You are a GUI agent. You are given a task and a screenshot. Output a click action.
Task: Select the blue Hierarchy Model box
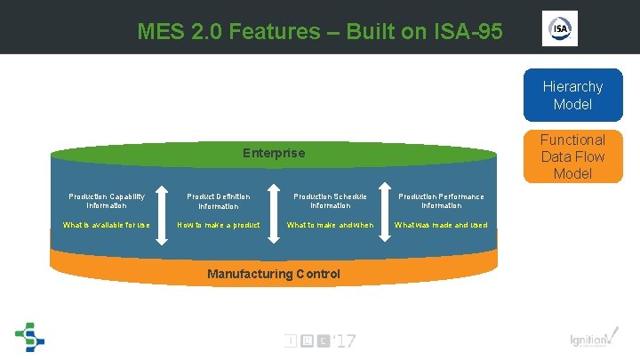point(572,95)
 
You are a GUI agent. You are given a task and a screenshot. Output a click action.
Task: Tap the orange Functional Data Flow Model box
point(572,156)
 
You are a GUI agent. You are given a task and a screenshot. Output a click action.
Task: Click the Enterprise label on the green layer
point(274,153)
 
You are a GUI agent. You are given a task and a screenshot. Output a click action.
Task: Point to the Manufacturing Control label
point(273,274)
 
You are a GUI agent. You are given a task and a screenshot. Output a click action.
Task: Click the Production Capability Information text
point(107,201)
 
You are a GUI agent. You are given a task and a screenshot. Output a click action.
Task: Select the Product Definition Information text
point(218,201)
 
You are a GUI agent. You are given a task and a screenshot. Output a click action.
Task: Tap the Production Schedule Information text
point(330,201)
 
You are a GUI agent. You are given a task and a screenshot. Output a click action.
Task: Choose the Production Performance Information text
point(441,201)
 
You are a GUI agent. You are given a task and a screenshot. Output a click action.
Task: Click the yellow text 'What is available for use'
point(107,225)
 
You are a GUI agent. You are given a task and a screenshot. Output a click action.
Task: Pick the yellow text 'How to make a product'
point(219,225)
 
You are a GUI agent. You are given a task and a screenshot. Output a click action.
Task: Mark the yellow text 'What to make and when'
point(330,225)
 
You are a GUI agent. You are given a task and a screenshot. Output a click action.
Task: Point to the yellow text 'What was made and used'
point(441,225)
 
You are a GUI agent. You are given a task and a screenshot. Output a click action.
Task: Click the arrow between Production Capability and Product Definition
point(163,211)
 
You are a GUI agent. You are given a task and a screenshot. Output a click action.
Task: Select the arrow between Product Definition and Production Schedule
point(275,211)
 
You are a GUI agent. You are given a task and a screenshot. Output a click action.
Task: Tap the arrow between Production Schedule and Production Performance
point(385,211)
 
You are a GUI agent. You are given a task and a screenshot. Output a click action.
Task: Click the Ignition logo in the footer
point(590,340)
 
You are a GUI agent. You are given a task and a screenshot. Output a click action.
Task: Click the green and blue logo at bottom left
point(29,336)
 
